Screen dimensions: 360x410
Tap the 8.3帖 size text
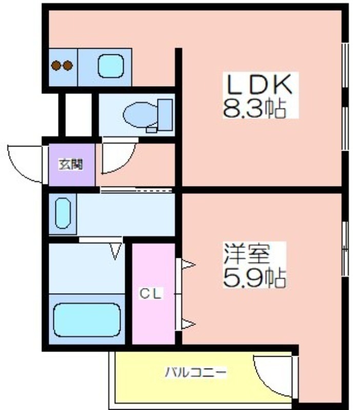coord(254,109)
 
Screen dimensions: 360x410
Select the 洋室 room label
coord(247,253)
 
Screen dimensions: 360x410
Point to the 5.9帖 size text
coord(254,278)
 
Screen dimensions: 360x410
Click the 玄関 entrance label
coord(71,164)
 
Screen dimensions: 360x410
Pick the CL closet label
coord(150,294)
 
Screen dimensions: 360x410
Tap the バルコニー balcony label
coord(196,372)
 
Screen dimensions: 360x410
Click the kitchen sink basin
coord(111,66)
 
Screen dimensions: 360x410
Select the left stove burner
coord(56,66)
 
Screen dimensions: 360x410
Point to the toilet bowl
coord(141,115)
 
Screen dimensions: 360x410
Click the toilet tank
coord(165,115)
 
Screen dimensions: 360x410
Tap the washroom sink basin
coord(63,213)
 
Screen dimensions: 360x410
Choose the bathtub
coord(87,320)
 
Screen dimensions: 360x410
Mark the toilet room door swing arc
coord(126,164)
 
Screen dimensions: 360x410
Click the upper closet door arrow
coord(188,264)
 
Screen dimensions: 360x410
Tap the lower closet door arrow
coord(188,324)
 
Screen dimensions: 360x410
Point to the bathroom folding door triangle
coord(115,251)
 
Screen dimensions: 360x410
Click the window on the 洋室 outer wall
coord(346,249)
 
